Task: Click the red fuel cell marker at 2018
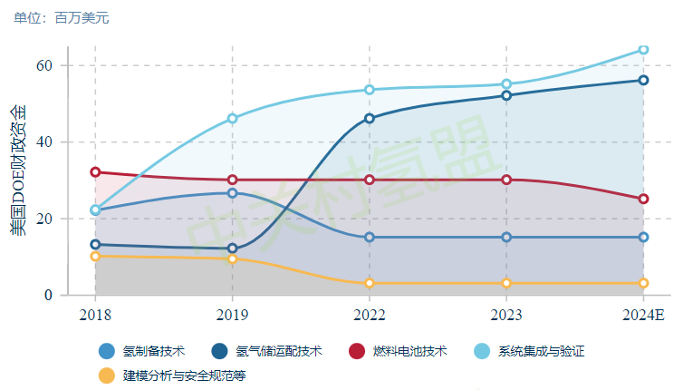click(95, 171)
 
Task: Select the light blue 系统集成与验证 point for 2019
click(233, 118)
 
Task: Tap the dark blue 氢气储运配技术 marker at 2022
click(370, 118)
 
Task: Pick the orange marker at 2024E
click(643, 283)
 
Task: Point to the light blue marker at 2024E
click(643, 49)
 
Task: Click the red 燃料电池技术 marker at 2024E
click(643, 199)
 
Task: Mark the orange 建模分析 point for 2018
click(95, 256)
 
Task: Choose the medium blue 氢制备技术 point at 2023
click(506, 237)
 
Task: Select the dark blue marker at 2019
click(233, 249)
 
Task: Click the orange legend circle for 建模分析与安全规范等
click(107, 374)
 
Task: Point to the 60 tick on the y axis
click(44, 65)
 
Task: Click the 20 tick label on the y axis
click(44, 219)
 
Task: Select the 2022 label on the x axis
click(370, 314)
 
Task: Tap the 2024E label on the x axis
click(643, 314)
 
